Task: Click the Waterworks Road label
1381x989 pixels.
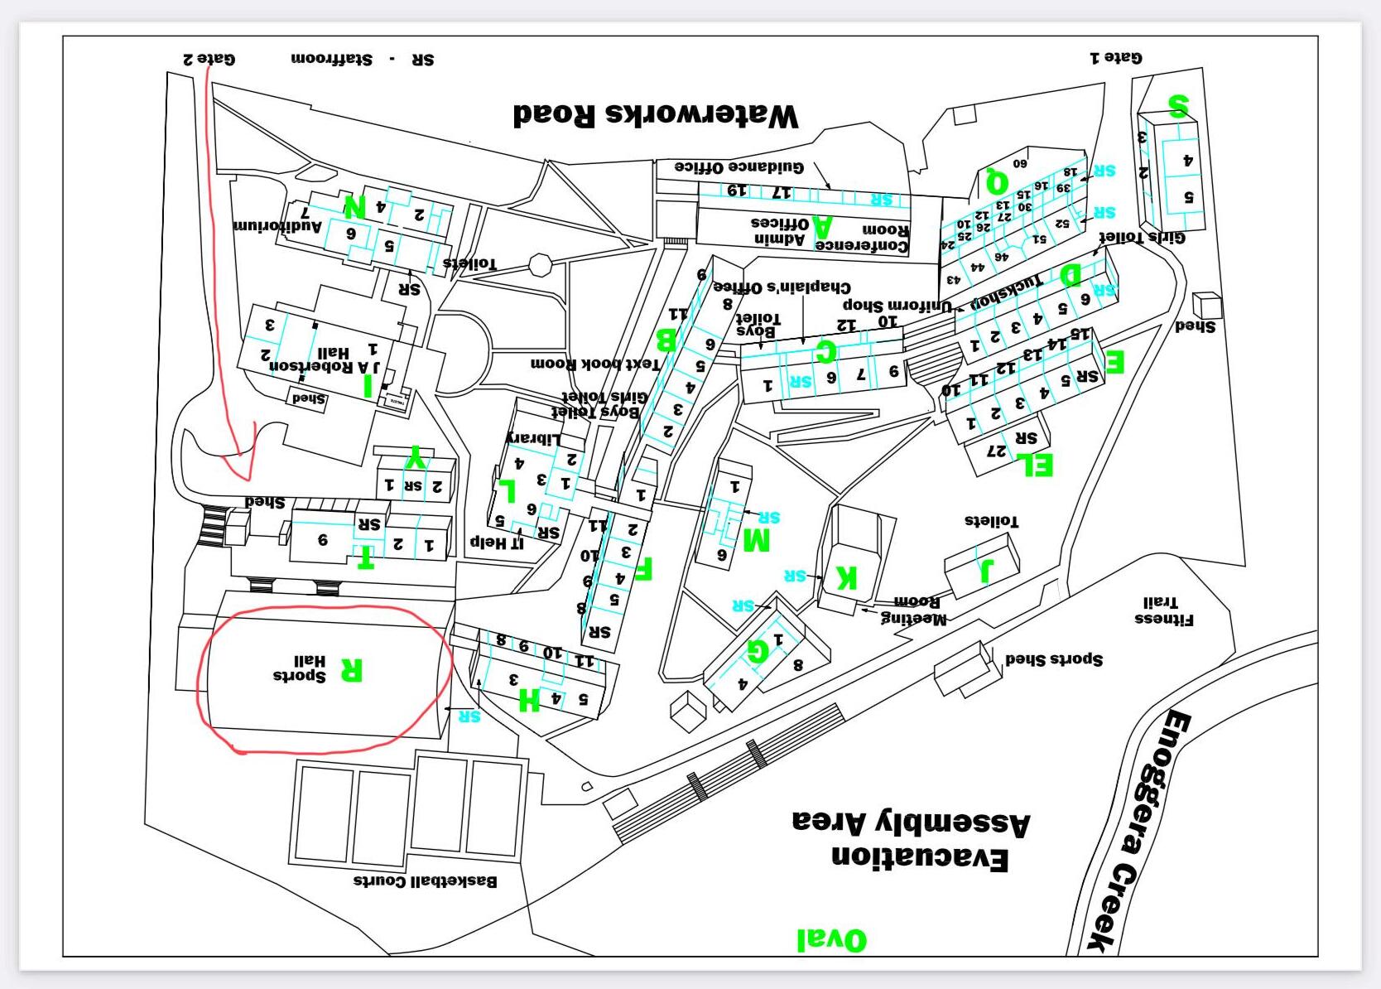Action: [656, 114]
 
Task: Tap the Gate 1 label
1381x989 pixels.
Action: [1115, 57]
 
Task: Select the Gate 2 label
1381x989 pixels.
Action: [209, 59]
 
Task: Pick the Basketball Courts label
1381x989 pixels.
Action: [426, 880]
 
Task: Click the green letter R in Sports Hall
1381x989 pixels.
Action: [351, 669]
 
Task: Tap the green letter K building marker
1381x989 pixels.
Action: [846, 577]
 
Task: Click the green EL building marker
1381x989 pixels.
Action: [1038, 465]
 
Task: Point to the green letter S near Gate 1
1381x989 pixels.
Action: [1178, 106]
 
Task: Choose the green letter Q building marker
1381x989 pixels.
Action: [997, 179]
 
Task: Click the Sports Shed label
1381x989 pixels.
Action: [1053, 659]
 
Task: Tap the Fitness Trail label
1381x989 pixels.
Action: [1163, 610]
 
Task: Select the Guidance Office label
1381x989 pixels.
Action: [739, 166]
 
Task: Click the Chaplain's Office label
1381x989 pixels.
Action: [782, 287]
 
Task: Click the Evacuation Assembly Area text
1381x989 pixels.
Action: [911, 840]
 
